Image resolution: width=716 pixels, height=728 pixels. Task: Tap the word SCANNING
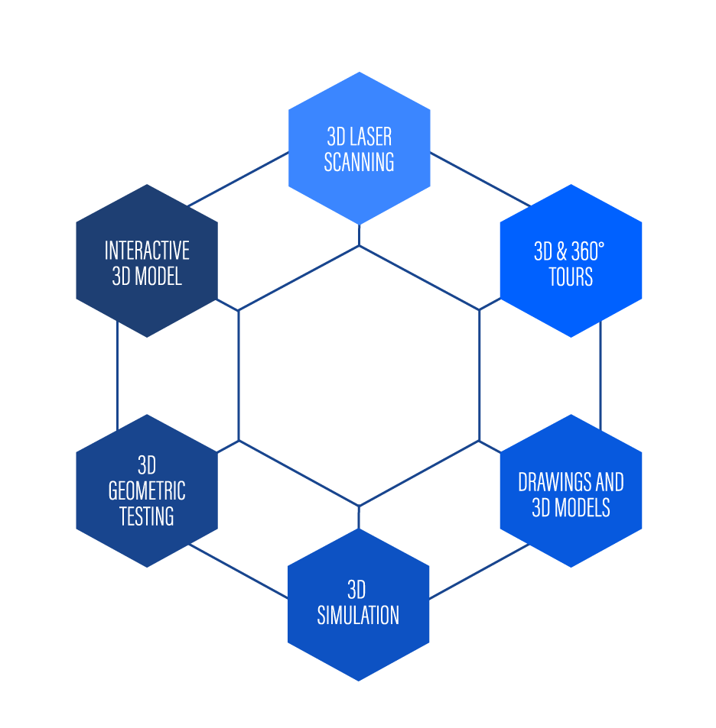click(x=359, y=162)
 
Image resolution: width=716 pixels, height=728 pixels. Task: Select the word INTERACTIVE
click(x=147, y=251)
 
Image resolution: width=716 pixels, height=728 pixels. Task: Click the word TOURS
click(x=571, y=277)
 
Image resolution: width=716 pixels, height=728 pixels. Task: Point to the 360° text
click(x=587, y=251)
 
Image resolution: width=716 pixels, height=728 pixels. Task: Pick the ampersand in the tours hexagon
click(x=561, y=251)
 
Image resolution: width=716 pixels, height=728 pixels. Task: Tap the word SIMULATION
click(x=358, y=615)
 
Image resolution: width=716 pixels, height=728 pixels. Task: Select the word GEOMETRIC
click(x=147, y=490)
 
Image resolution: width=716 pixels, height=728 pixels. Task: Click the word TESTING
click(x=147, y=516)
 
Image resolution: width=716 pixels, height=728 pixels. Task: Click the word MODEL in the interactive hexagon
click(x=158, y=277)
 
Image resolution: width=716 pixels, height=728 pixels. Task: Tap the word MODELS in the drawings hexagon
click(x=583, y=507)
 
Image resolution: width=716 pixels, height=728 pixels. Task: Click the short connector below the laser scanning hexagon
click(x=359, y=235)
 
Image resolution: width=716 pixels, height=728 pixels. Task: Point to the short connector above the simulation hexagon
click(x=359, y=517)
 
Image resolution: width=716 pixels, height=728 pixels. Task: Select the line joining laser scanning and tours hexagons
click(x=480, y=180)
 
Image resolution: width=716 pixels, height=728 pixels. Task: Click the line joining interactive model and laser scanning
click(x=238, y=179)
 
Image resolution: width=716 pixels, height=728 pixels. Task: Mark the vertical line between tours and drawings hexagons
click(x=600, y=376)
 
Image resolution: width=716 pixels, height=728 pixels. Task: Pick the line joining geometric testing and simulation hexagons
click(x=238, y=571)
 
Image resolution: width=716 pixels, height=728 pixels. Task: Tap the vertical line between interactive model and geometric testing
click(x=118, y=376)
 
